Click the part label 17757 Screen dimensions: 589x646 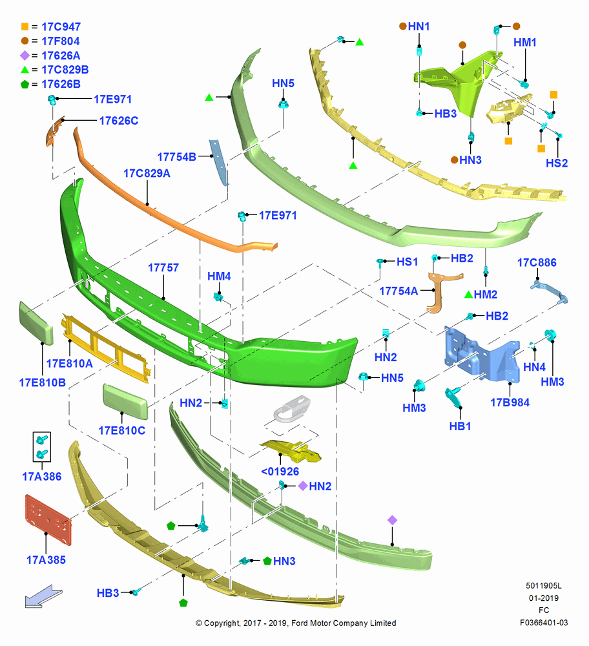pos(163,268)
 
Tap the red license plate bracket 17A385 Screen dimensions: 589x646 pos(48,520)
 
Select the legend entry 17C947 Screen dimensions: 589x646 pos(61,26)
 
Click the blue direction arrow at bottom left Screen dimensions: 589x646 pos(43,596)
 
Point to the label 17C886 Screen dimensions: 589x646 pos(537,263)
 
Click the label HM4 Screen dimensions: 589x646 pos(219,276)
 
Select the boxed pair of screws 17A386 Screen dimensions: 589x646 pos(41,446)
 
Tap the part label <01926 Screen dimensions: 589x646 pos(280,472)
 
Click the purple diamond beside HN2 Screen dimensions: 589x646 pos(303,486)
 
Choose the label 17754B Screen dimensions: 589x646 pos(177,157)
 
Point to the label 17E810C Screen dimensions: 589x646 pos(122,431)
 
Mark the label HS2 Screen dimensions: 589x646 pos(557,163)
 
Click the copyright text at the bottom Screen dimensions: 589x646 pos(296,623)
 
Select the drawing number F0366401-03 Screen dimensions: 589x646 pos(544,623)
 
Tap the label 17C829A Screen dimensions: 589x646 pos(147,173)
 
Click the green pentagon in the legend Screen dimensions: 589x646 pos(25,84)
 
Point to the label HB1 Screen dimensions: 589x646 pos(460,426)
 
